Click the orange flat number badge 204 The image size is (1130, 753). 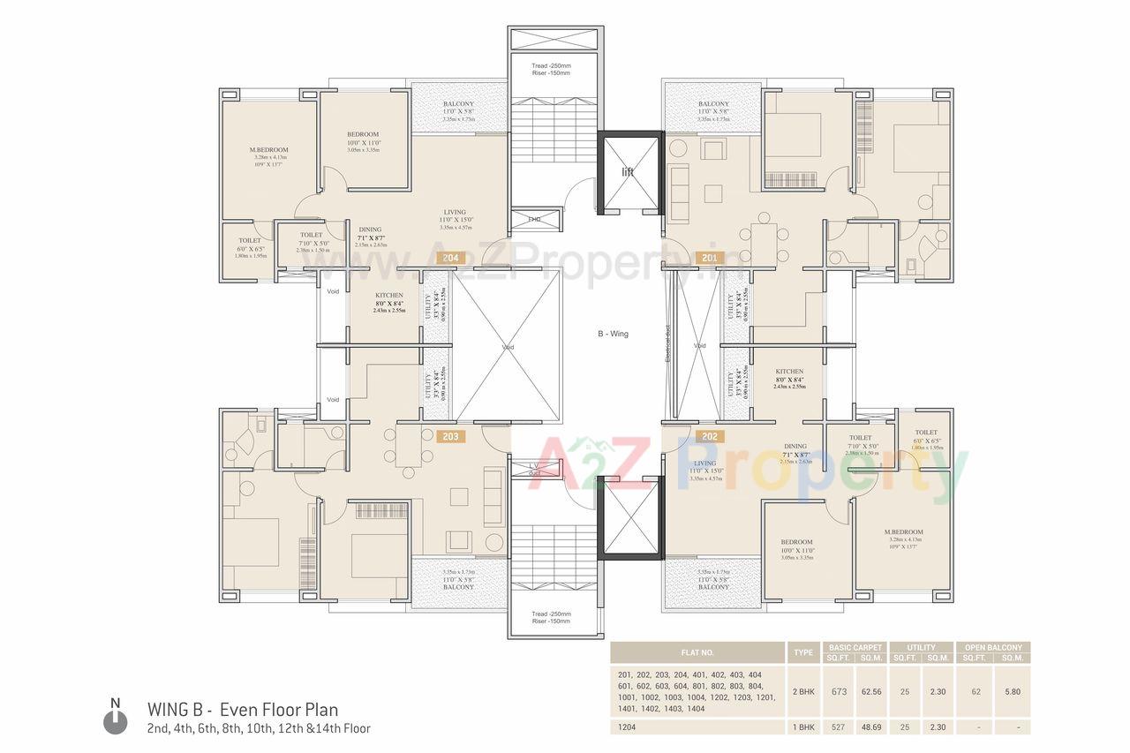[450, 259]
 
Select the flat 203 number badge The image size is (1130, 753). [450, 435]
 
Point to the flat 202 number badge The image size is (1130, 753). [709, 435]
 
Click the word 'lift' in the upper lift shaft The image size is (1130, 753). [628, 172]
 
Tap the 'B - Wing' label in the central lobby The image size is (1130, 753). [612, 334]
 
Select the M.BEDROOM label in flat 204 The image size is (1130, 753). [268, 150]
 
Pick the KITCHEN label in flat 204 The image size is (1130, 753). [389, 296]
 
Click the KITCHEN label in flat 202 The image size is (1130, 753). [788, 372]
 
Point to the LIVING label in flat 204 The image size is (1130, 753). [455, 212]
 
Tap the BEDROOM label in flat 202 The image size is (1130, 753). [796, 542]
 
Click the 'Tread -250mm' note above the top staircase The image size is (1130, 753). [551, 65]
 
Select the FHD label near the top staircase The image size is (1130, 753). [535, 218]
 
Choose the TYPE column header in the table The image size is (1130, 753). [803, 652]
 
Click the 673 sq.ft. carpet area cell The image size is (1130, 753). [839, 691]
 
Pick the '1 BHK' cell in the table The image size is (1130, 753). [803, 727]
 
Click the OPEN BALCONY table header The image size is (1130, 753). [994, 647]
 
